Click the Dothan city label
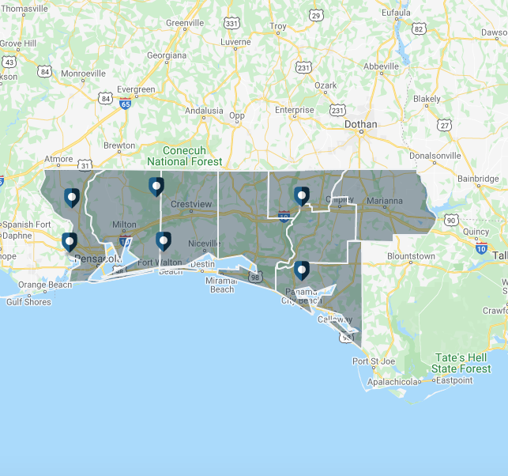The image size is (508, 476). pos(361,124)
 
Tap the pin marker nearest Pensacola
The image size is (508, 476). pos(70,241)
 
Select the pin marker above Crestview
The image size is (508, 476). pos(156,186)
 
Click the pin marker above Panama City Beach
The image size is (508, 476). pos(301,270)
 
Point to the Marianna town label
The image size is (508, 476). pos(384,201)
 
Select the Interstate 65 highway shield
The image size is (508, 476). pos(125,104)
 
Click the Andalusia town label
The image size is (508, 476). pos(204,111)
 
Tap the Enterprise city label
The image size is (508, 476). pos(294,110)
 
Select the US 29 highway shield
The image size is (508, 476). pos(316,16)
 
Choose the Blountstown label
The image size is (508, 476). pos(412,256)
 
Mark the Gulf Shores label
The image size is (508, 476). pos(28,301)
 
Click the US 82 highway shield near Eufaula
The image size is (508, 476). pos(419,30)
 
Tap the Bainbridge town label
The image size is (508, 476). pos(477,179)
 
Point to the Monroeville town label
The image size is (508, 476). pos(83,74)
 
